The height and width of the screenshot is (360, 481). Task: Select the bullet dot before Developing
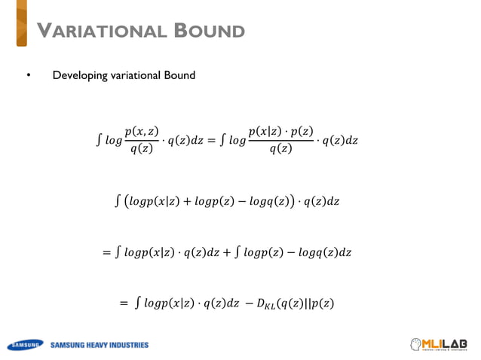[28, 76]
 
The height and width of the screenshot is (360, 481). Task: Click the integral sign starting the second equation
[116, 202]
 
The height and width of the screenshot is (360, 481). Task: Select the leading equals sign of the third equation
[106, 253]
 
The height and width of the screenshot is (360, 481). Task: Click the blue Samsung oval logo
[26, 346]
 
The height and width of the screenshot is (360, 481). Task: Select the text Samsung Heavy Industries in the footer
[100, 346]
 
